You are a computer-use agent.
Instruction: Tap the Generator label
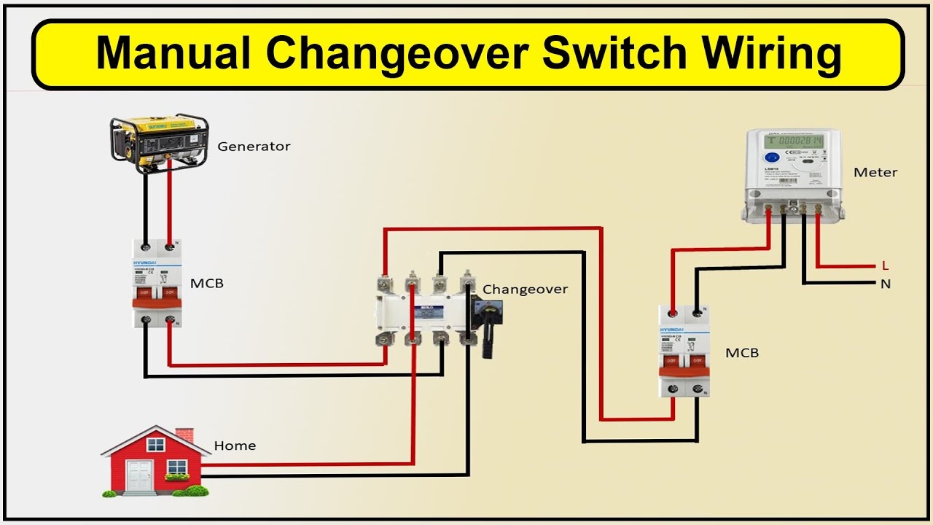254,147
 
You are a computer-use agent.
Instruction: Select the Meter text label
875,173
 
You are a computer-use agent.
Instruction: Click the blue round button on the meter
770,157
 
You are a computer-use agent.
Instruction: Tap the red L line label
886,266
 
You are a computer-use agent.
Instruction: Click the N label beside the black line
886,284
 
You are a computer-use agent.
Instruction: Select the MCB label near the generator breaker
207,283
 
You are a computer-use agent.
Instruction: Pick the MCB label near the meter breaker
742,353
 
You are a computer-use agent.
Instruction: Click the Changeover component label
525,289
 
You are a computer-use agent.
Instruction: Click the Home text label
235,446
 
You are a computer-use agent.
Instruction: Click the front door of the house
138,475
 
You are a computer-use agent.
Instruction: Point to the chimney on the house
184,435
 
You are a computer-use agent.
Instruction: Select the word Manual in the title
173,54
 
